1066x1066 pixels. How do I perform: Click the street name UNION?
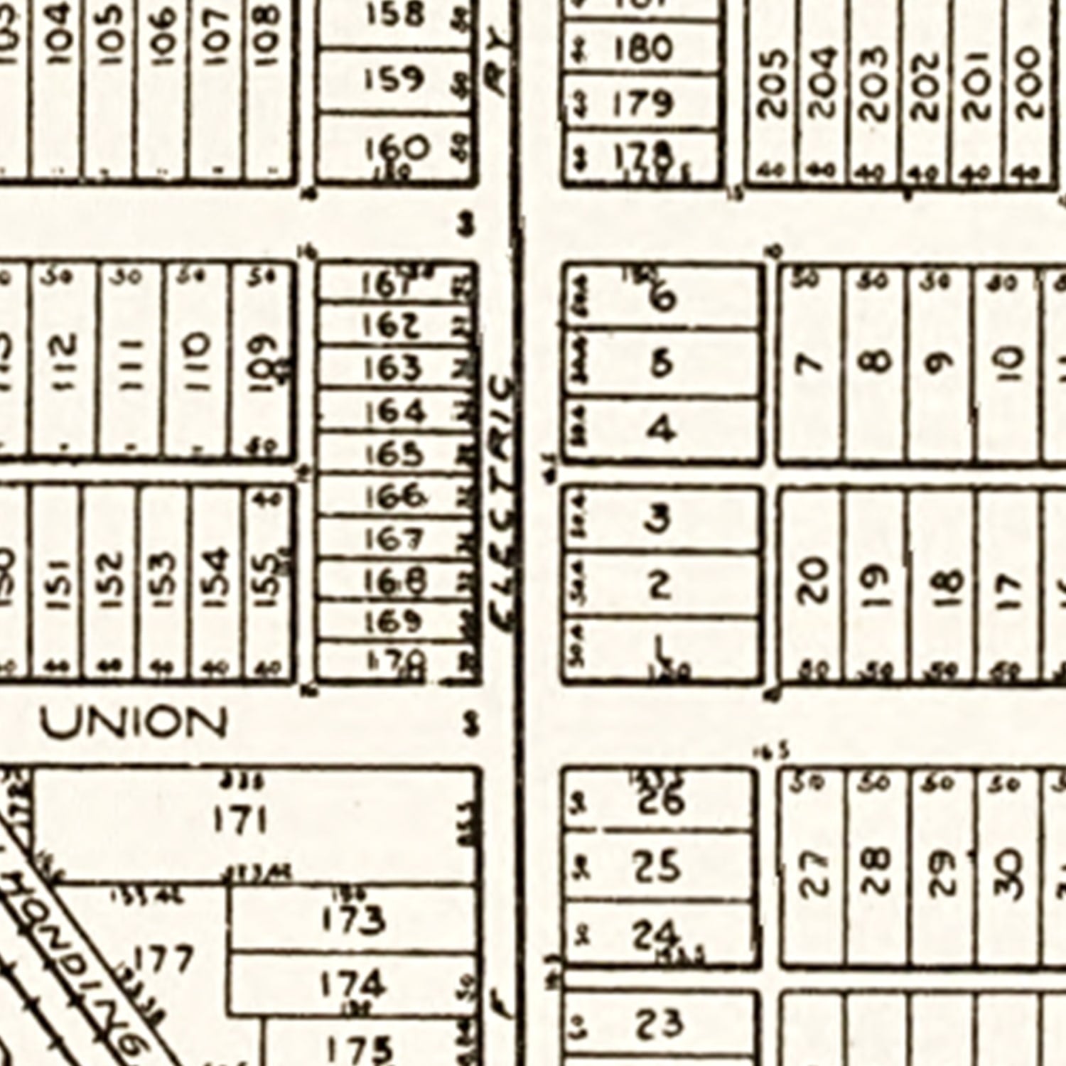coord(134,723)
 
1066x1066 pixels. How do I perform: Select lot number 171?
coord(240,821)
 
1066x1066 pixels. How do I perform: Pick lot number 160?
coord(397,149)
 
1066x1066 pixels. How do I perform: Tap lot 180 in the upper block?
coord(642,50)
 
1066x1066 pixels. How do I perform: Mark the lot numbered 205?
coord(773,83)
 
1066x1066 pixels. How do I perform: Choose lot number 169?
coord(393,623)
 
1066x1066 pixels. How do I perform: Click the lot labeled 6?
coord(662,298)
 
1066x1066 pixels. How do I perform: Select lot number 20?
coord(812,579)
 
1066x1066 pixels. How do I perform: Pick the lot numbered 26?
coord(659,802)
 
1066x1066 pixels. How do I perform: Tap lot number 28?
coord(878,871)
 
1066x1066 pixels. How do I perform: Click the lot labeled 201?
coord(978,83)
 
